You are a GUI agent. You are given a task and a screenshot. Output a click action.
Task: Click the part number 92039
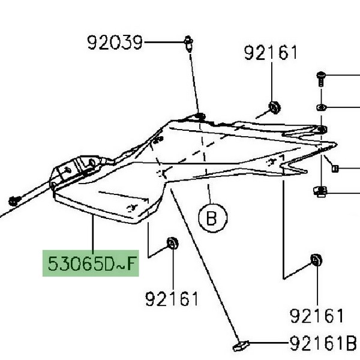coord(115,43)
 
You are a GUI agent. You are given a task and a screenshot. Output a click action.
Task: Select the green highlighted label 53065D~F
coord(91,263)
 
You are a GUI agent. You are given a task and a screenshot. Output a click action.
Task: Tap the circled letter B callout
coord(213,218)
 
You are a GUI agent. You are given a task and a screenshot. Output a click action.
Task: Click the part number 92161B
coord(323,343)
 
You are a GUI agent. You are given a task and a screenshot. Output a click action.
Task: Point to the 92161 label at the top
coord(271,53)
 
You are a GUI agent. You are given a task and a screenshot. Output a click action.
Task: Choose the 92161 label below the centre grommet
coord(172,299)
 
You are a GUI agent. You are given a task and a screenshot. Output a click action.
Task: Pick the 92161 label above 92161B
coord(317,316)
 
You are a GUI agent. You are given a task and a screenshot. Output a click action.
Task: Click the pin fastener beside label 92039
coord(188,44)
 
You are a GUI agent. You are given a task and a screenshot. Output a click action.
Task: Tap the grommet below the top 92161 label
coord(275,107)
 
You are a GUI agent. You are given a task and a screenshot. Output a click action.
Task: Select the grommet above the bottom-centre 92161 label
coord(172,243)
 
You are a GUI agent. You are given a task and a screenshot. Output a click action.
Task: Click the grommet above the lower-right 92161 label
coord(316,260)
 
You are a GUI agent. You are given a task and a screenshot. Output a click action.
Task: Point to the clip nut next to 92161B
coord(241,346)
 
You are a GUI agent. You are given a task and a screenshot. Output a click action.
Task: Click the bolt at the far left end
coord(15,201)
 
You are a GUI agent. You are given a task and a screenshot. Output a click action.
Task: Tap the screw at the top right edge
coord(321,79)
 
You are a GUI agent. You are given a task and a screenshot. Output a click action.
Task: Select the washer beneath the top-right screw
coord(321,107)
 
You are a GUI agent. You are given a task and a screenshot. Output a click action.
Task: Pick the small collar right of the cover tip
coord(335,169)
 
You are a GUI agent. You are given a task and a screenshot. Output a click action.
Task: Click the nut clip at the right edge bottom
coord(320,191)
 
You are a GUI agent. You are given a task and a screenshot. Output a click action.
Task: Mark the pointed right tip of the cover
coord(336,145)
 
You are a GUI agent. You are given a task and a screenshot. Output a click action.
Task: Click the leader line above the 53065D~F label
coord(93,232)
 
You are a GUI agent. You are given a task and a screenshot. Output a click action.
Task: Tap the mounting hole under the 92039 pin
coord(200,116)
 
